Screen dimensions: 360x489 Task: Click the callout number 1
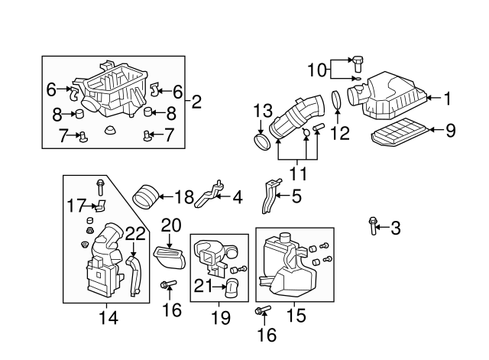pyautogui.click(x=449, y=97)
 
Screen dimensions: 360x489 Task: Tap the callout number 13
pyautogui.click(x=263, y=112)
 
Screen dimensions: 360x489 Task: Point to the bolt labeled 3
pyautogui.click(x=373, y=225)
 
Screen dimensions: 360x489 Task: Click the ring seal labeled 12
pyautogui.click(x=337, y=102)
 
